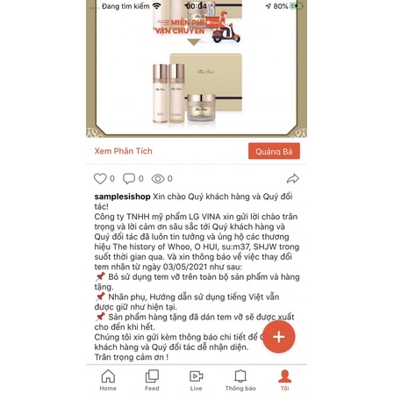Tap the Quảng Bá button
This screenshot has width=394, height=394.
point(274,151)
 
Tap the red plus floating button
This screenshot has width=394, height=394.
point(278,337)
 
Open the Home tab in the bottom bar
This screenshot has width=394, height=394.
point(108,379)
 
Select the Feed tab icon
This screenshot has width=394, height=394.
point(152,379)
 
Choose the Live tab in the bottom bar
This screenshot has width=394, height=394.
point(196,379)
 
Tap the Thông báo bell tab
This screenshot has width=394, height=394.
point(240,379)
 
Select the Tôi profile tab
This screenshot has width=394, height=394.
point(284,379)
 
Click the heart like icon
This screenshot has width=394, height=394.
point(101,178)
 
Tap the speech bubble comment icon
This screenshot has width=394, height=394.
point(127,178)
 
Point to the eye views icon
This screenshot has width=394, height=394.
point(157,178)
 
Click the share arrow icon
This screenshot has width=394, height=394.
point(290,177)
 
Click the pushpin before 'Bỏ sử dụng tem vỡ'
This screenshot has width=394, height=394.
point(99,274)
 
